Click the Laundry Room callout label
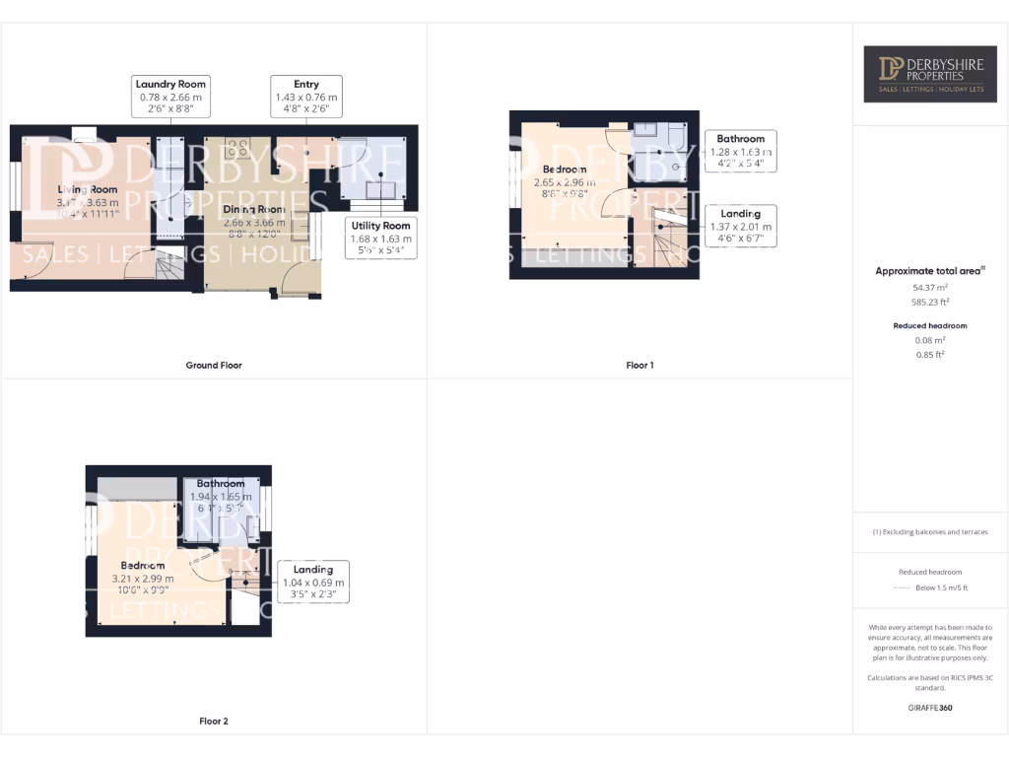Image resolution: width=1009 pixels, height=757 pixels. pyautogui.click(x=170, y=97)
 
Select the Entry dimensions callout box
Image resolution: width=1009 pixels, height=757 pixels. pyautogui.click(x=306, y=97)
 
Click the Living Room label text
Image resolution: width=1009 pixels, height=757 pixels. pyautogui.click(x=87, y=189)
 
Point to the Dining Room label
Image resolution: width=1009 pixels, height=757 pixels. pyautogui.click(x=254, y=210)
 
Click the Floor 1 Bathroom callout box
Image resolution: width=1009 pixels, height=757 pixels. pyautogui.click(x=740, y=151)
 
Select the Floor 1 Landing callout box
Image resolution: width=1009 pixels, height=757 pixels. pyautogui.click(x=740, y=226)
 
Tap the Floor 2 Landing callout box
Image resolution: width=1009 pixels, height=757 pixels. pyautogui.click(x=313, y=582)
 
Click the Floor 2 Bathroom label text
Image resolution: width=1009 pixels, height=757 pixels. pyautogui.click(x=220, y=484)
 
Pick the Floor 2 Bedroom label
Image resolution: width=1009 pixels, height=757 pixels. pyautogui.click(x=142, y=566)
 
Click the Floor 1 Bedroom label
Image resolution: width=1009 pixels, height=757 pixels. pyautogui.click(x=564, y=170)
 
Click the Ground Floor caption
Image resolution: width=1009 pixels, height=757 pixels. pyautogui.click(x=214, y=365)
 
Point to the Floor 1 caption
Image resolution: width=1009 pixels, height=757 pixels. pyautogui.click(x=639, y=365)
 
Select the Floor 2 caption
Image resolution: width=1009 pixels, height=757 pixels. pyautogui.click(x=214, y=722)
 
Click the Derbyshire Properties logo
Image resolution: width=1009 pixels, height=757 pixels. pyautogui.click(x=930, y=73)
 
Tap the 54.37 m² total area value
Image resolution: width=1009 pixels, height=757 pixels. pyautogui.click(x=930, y=288)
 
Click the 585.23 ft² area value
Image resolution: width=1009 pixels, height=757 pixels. pyautogui.click(x=930, y=303)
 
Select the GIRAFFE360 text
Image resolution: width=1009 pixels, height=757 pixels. pyautogui.click(x=930, y=708)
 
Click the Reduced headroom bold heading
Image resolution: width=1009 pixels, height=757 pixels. pyautogui.click(x=930, y=325)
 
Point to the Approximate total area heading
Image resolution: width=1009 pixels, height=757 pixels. pyautogui.click(x=930, y=271)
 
